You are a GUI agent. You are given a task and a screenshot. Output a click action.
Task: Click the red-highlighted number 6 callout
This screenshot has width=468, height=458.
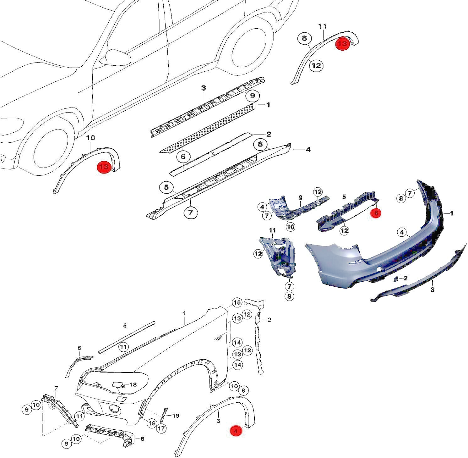click(376, 213)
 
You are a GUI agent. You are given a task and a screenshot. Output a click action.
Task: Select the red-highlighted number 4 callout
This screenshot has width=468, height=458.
click(236, 431)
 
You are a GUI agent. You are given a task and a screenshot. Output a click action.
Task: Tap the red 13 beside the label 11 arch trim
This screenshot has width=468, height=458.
click(342, 44)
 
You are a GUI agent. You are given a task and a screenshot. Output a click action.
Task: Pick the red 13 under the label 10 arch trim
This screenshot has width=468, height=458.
click(104, 167)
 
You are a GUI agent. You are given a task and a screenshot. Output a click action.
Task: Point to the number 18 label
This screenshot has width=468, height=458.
click(133, 384)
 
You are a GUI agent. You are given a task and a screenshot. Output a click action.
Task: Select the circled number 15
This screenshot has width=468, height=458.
click(237, 302)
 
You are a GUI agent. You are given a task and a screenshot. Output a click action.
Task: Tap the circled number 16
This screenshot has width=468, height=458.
click(152, 423)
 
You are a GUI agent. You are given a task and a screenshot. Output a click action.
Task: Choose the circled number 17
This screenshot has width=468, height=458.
click(162, 428)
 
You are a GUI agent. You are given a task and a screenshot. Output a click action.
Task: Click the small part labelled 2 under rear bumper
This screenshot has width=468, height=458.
click(396, 278)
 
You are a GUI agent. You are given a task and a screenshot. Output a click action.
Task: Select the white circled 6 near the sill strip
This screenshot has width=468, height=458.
click(183, 156)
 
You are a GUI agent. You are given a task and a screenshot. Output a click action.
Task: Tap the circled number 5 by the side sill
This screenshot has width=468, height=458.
click(166, 188)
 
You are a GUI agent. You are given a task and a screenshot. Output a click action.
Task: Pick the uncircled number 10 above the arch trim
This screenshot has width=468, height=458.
click(90, 138)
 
